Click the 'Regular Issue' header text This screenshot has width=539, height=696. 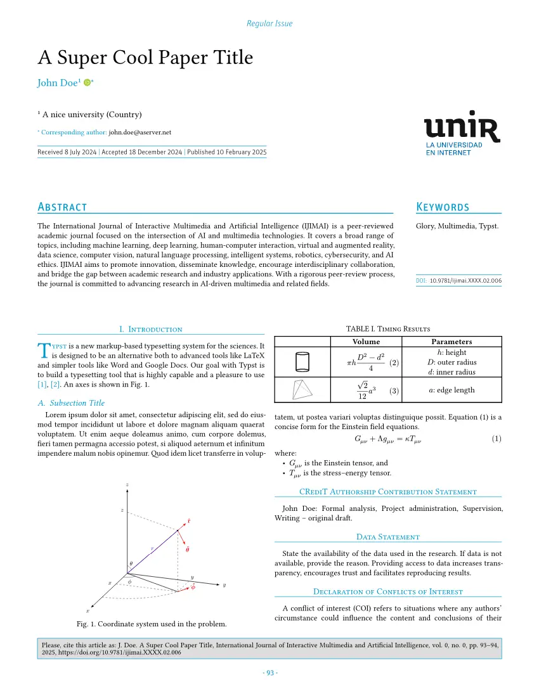click(x=269, y=23)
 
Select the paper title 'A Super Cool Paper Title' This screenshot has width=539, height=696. click(x=145, y=58)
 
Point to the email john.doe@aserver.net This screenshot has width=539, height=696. click(x=140, y=132)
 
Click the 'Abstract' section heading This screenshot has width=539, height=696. click(x=62, y=207)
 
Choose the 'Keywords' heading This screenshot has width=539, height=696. click(x=443, y=207)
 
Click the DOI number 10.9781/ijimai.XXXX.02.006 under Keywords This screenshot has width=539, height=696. click(x=465, y=280)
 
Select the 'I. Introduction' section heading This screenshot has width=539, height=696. click(x=151, y=329)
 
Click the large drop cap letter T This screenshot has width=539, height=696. click(x=43, y=351)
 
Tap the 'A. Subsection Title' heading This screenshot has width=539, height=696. click(x=71, y=403)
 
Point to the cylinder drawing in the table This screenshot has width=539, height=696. click(x=302, y=362)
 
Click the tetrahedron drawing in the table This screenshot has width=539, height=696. click(x=302, y=390)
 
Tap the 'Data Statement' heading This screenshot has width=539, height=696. click(x=388, y=537)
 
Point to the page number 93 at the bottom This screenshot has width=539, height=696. click(x=269, y=673)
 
